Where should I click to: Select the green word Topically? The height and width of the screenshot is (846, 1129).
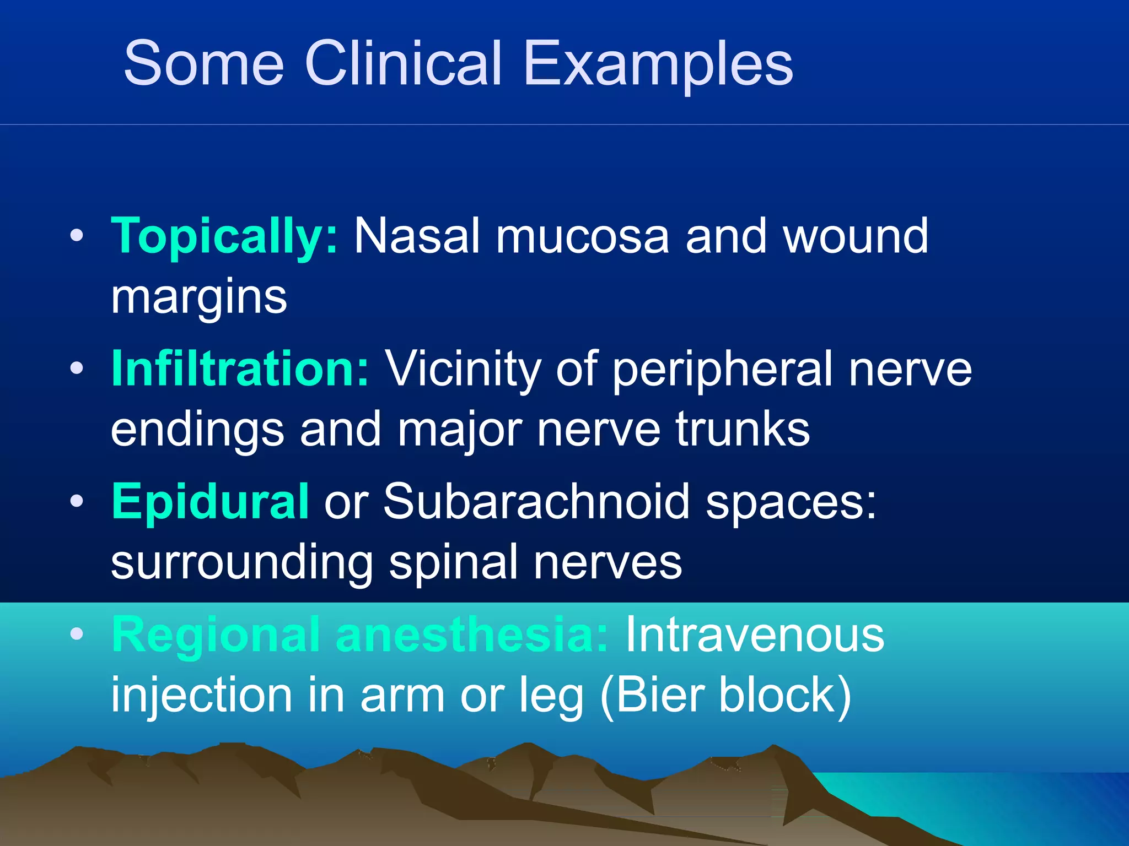[x=224, y=237]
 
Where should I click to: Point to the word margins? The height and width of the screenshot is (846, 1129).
[x=199, y=298]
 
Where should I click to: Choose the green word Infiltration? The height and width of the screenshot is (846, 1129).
[x=240, y=368]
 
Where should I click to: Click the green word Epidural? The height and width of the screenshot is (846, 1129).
[x=210, y=502]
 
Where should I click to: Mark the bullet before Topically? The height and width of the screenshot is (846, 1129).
[x=77, y=236]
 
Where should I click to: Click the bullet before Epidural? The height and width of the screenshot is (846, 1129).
[x=77, y=501]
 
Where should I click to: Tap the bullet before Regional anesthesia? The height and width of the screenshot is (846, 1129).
[x=77, y=634]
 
